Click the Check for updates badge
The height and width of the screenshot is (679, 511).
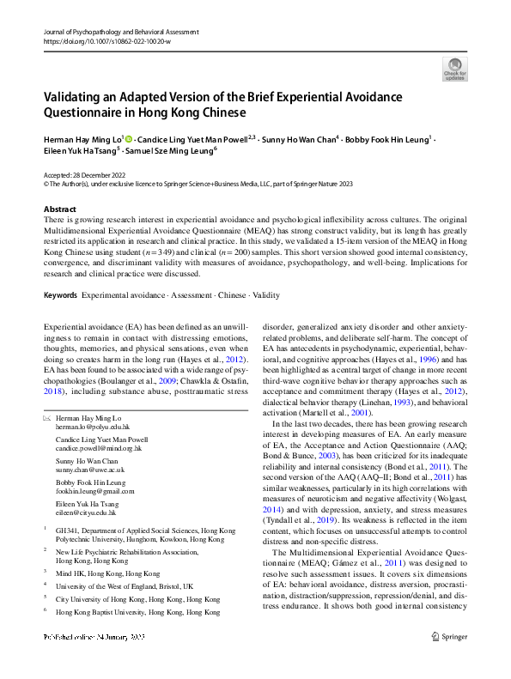point(454,68)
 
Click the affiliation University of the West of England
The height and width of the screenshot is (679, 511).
point(124,561)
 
